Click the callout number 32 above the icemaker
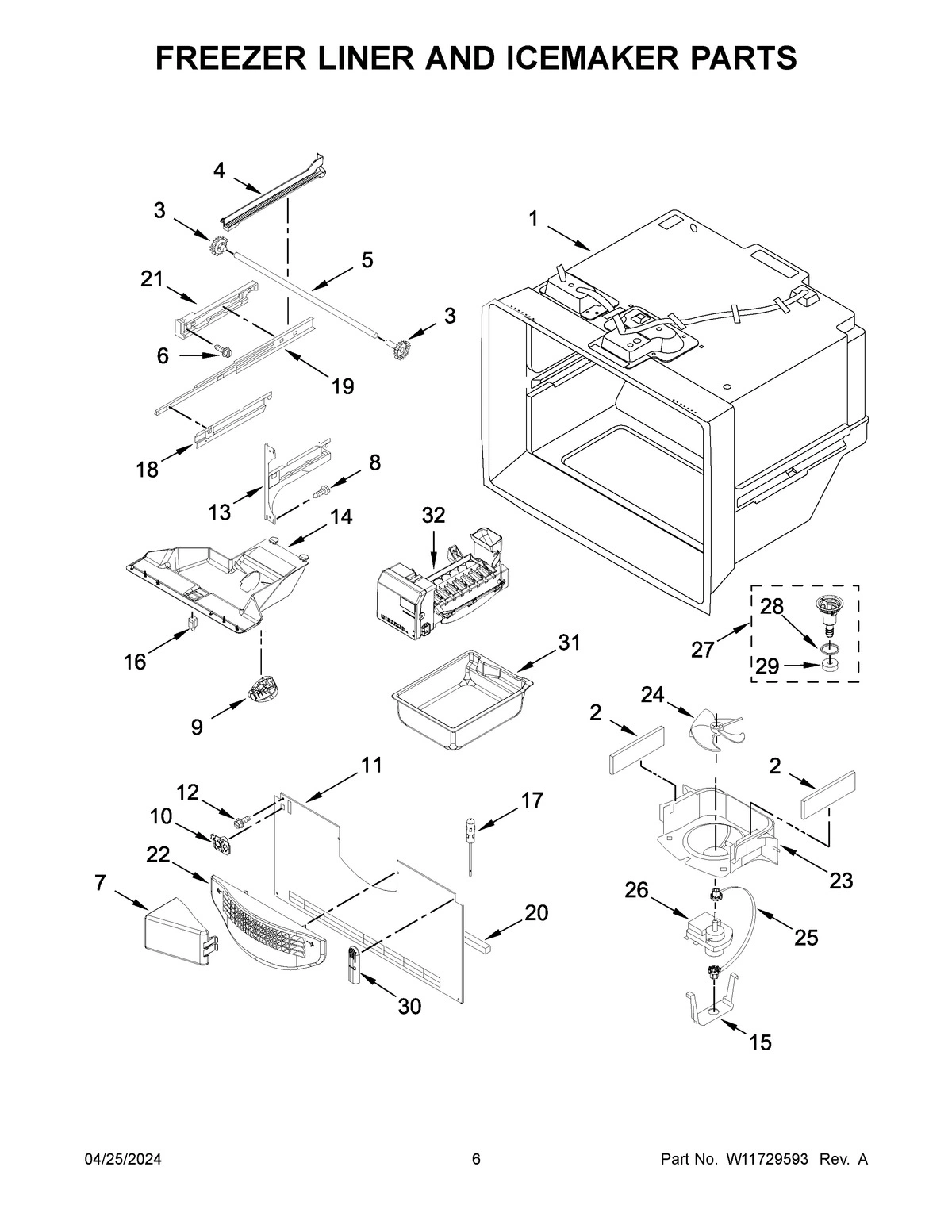(x=433, y=516)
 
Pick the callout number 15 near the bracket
(x=760, y=1042)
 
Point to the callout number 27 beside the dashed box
(x=702, y=650)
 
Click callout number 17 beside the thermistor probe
(x=532, y=800)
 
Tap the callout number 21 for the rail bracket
(x=152, y=279)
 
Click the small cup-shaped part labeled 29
(x=831, y=664)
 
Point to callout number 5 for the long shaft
(x=367, y=260)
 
